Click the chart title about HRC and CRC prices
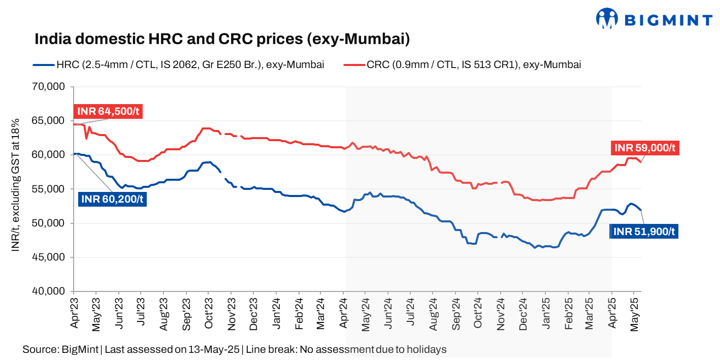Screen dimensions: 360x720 pos(222,39)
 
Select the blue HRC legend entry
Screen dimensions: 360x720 pos(178,65)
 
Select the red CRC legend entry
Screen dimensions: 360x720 pos(462,65)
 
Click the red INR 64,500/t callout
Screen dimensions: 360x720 pos(108,112)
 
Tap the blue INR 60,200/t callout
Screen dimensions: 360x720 pos(112,199)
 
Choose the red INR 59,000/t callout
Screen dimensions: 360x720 pos(645,148)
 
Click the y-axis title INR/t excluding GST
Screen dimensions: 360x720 pos(15,185)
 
